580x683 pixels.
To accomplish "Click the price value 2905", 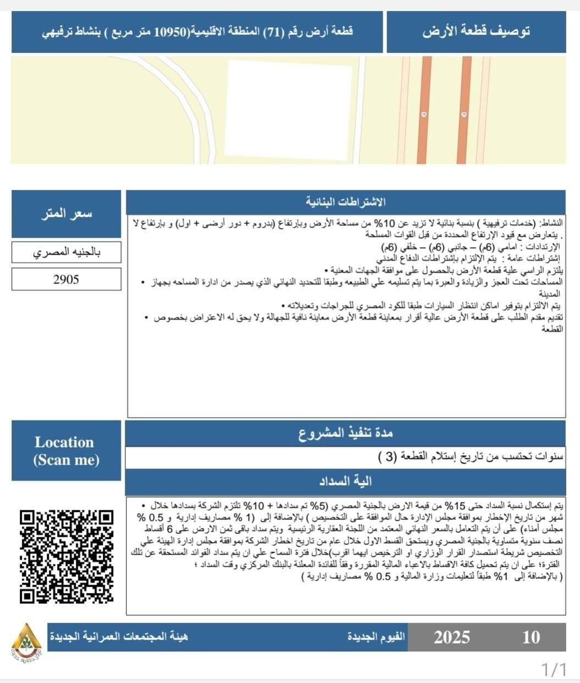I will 66,280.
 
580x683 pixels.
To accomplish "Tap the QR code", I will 67,556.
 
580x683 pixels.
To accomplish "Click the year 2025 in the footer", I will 451,637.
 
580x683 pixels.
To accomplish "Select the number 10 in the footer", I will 531,637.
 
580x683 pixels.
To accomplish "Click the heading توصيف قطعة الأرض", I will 476,32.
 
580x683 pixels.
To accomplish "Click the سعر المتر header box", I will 66,214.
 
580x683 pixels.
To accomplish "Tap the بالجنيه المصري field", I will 66,253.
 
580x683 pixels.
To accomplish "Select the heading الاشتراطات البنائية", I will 345,202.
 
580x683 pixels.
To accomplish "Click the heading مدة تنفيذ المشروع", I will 345,433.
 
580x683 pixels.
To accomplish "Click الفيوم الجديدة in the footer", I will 376,637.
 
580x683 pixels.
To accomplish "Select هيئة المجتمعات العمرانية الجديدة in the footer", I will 118,637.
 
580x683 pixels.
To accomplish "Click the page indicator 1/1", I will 554,670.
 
